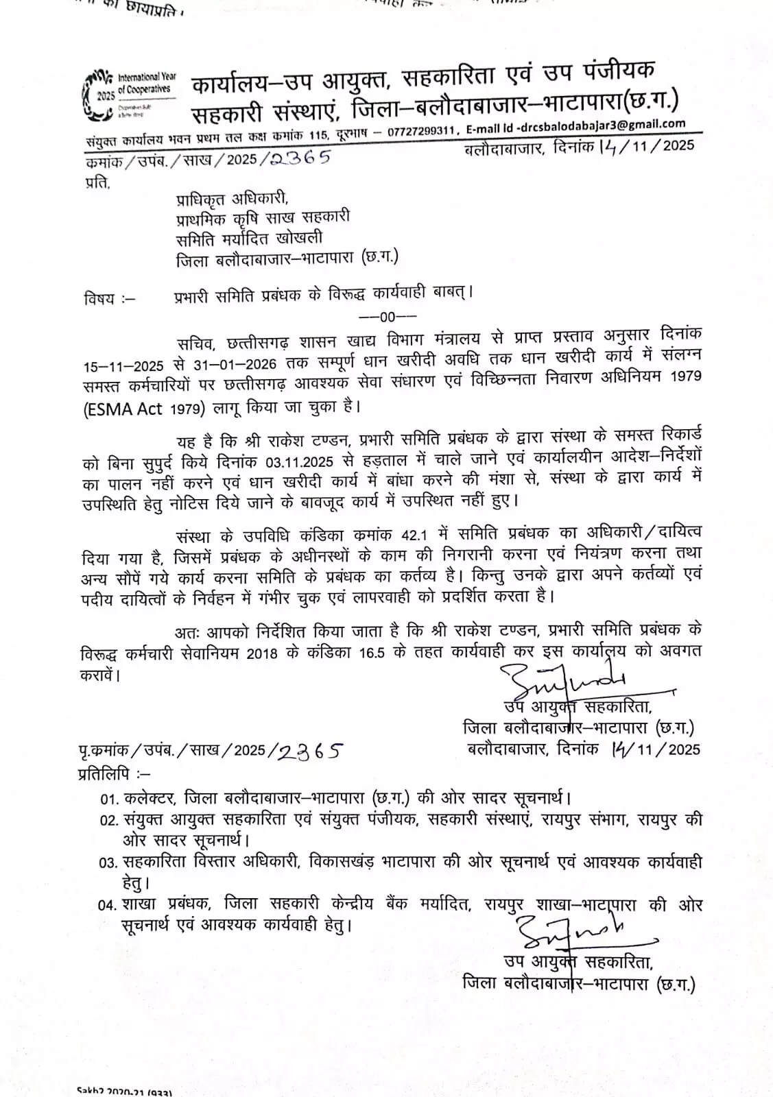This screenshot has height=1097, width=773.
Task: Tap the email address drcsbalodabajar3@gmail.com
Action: pos(604,125)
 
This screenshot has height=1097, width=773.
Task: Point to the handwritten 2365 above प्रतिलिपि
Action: pos(309,751)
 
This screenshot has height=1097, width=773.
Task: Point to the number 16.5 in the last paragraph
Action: pos(373,652)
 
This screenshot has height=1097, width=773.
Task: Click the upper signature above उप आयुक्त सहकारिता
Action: pos(562,678)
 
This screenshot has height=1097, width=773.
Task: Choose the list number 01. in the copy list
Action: pos(110,799)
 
